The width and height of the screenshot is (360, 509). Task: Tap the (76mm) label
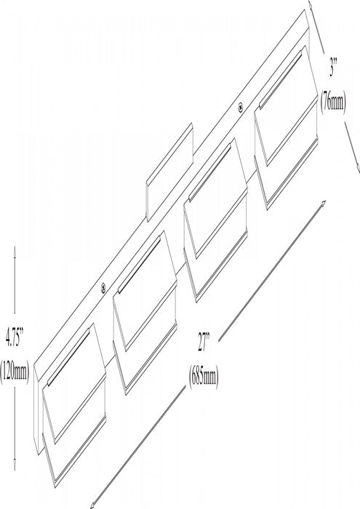pyautogui.click(x=333, y=101)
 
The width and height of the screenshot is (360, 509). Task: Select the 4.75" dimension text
pyautogui.click(x=15, y=337)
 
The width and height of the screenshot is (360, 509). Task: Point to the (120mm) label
pyautogui.click(x=15, y=372)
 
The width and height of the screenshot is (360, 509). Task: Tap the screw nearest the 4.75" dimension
pyautogui.click(x=103, y=287)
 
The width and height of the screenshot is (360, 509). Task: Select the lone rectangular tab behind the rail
pyautogui.click(x=169, y=172)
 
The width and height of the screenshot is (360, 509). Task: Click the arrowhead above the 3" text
pyautogui.click(x=311, y=4)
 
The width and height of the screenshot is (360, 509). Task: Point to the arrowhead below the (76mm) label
pyautogui.click(x=357, y=168)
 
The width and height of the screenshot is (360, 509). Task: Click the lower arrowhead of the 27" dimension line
pyautogui.click(x=92, y=505)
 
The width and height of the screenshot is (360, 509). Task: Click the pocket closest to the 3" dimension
pyautogui.click(x=287, y=127)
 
